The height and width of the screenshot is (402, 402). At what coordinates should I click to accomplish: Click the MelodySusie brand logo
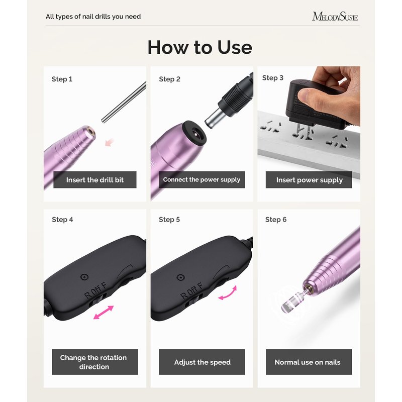(335, 17)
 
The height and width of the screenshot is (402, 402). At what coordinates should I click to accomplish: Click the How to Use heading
(200, 47)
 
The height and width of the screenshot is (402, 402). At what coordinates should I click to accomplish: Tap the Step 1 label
(62, 79)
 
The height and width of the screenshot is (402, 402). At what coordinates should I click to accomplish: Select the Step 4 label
(62, 220)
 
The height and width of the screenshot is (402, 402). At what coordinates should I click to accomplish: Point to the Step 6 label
(276, 220)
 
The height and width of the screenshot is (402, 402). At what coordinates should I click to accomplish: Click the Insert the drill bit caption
(95, 180)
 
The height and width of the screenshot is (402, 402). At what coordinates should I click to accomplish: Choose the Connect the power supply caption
(202, 179)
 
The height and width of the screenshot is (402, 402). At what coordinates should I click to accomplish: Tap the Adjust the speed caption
(202, 362)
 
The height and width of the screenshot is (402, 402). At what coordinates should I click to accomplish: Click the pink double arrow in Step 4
(104, 312)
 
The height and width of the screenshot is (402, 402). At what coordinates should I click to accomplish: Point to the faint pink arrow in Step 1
(110, 142)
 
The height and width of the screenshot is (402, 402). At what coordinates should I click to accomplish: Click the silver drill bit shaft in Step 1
(124, 102)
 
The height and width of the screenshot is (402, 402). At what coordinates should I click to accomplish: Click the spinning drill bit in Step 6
(293, 300)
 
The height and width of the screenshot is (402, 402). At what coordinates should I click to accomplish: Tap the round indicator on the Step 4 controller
(84, 277)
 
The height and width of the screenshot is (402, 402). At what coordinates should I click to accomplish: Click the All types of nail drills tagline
(93, 17)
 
